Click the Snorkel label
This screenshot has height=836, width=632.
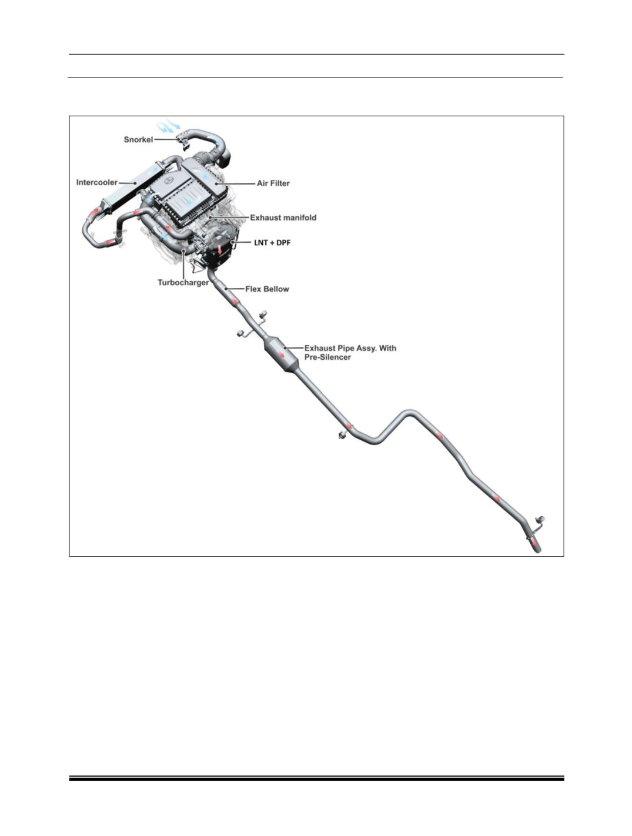click(138, 139)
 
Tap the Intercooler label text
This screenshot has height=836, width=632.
click(96, 182)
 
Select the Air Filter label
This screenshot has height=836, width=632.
click(273, 183)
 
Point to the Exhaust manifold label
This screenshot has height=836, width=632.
click(283, 218)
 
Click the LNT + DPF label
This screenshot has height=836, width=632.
click(272, 243)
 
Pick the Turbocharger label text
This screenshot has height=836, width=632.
click(183, 283)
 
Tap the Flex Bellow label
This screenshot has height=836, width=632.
click(267, 289)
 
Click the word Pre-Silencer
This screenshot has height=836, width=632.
click(327, 357)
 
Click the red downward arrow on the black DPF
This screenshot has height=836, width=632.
click(220, 249)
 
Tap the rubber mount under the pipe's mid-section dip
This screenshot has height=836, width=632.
click(342, 435)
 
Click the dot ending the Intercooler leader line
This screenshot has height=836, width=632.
click(135, 183)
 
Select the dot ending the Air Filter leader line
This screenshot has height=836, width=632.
click(216, 183)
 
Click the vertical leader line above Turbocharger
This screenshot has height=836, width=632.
click(183, 263)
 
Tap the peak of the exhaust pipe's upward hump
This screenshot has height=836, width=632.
click(409, 413)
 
